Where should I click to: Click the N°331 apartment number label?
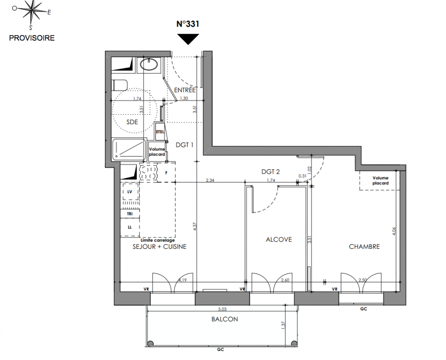[188, 24]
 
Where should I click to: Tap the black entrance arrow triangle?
[188, 38]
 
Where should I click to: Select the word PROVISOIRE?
[32, 38]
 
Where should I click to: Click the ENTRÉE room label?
[185, 90]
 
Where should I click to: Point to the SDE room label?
[132, 122]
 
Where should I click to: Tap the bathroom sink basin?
[149, 64]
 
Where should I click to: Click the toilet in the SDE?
[119, 85]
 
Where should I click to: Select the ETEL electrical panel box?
[160, 132]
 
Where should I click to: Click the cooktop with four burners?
[149, 173]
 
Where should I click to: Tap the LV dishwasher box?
[130, 192]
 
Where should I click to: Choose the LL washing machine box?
[130, 227]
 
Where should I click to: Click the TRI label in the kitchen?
[130, 214]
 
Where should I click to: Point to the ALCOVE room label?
[279, 240]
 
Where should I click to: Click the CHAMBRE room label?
[365, 247]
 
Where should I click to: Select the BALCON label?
[225, 319]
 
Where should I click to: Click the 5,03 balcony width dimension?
[222, 309]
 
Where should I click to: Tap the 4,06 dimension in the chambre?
[394, 231]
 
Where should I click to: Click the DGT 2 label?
[270, 172]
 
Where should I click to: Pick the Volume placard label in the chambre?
[381, 180]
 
